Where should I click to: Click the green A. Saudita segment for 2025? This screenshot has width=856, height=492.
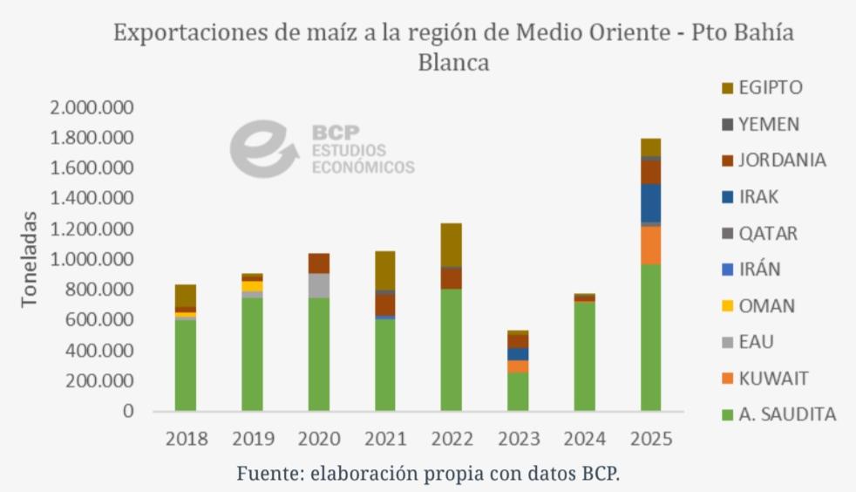[650, 338]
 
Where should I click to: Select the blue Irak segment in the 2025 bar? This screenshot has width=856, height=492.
[650, 202]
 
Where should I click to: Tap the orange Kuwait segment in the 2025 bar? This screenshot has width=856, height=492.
[650, 245]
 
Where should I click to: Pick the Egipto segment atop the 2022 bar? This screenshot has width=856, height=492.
[451, 244]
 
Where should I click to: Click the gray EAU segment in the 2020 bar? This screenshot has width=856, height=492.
[320, 285]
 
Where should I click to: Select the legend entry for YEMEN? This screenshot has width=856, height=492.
[768, 124]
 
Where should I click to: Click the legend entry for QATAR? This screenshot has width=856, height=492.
[767, 233]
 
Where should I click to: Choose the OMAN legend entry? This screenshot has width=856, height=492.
[766, 305]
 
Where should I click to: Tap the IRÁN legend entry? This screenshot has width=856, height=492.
[759, 270]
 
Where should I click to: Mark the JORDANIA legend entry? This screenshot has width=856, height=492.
[782, 161]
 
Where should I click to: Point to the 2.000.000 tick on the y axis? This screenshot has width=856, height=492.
[92, 107]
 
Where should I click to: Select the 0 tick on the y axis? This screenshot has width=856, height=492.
[128, 411]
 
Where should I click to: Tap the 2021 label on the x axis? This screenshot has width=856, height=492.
[385, 439]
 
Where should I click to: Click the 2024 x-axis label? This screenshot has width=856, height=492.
[585, 439]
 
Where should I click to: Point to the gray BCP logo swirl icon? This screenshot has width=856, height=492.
[258, 148]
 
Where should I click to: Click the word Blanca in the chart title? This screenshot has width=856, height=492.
[453, 63]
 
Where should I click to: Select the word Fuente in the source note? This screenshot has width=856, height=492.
[267, 474]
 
